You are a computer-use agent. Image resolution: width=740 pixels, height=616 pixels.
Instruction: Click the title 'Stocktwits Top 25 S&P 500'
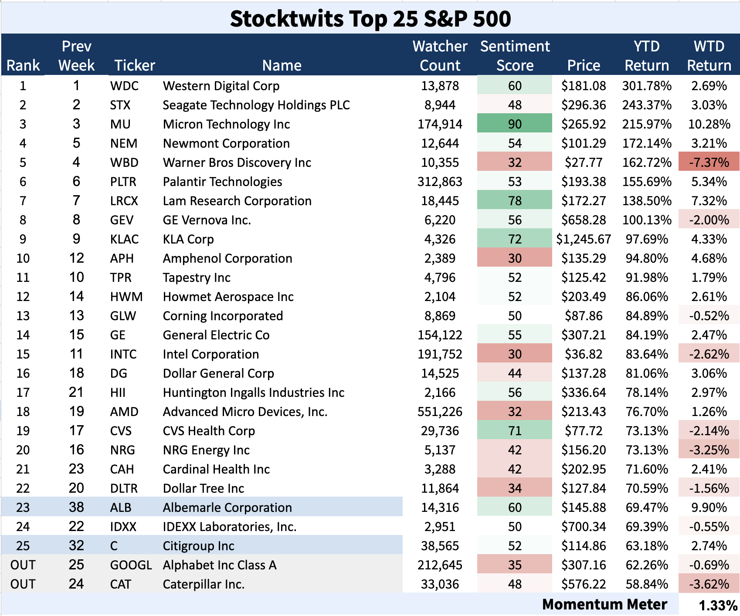(x=370, y=18)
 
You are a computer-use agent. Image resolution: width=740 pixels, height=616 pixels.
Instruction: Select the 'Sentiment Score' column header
(x=515, y=56)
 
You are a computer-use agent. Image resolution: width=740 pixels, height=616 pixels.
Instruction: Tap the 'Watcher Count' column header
(x=440, y=56)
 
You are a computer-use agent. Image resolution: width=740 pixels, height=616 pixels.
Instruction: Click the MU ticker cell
(x=120, y=124)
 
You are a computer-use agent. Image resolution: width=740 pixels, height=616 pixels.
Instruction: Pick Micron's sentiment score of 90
(x=515, y=124)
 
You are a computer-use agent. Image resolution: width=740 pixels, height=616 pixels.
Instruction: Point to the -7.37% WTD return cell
(x=709, y=162)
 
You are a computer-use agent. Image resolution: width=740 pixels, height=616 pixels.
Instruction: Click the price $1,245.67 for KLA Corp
(x=584, y=239)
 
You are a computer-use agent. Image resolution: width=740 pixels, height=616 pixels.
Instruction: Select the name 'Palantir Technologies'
(x=222, y=182)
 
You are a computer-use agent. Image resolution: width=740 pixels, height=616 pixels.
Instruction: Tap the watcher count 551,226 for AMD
(x=440, y=412)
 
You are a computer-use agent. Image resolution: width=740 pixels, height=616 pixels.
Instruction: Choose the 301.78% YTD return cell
(x=647, y=86)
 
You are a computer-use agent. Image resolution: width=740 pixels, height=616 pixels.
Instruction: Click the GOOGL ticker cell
(x=131, y=565)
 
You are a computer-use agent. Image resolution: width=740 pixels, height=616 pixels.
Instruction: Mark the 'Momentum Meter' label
(x=604, y=604)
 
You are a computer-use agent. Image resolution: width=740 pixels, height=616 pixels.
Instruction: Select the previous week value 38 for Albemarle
(x=76, y=508)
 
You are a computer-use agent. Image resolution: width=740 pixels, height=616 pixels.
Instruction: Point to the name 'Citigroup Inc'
(x=198, y=546)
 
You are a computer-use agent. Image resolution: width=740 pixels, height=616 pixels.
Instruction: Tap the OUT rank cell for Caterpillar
(x=23, y=584)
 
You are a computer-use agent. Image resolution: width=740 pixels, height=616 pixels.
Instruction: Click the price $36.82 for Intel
(x=584, y=354)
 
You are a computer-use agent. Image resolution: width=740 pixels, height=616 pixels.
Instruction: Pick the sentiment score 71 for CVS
(x=515, y=431)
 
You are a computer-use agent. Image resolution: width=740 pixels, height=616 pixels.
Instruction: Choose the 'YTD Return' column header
(x=647, y=56)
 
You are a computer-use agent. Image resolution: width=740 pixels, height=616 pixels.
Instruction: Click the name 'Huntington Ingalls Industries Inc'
(x=254, y=393)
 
